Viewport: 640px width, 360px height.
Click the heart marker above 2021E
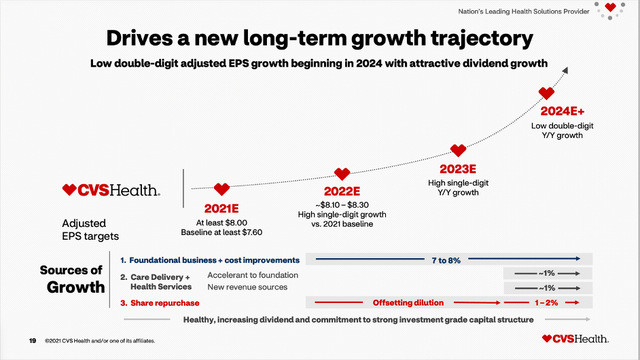(221, 188)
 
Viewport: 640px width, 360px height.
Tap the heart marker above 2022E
(341, 175)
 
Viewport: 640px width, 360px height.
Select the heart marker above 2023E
(458, 150)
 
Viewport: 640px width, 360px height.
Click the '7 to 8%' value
(446, 259)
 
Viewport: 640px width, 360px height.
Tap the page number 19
(33, 341)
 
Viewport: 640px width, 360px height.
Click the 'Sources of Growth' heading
(72, 279)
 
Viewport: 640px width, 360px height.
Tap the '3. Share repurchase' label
(163, 300)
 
